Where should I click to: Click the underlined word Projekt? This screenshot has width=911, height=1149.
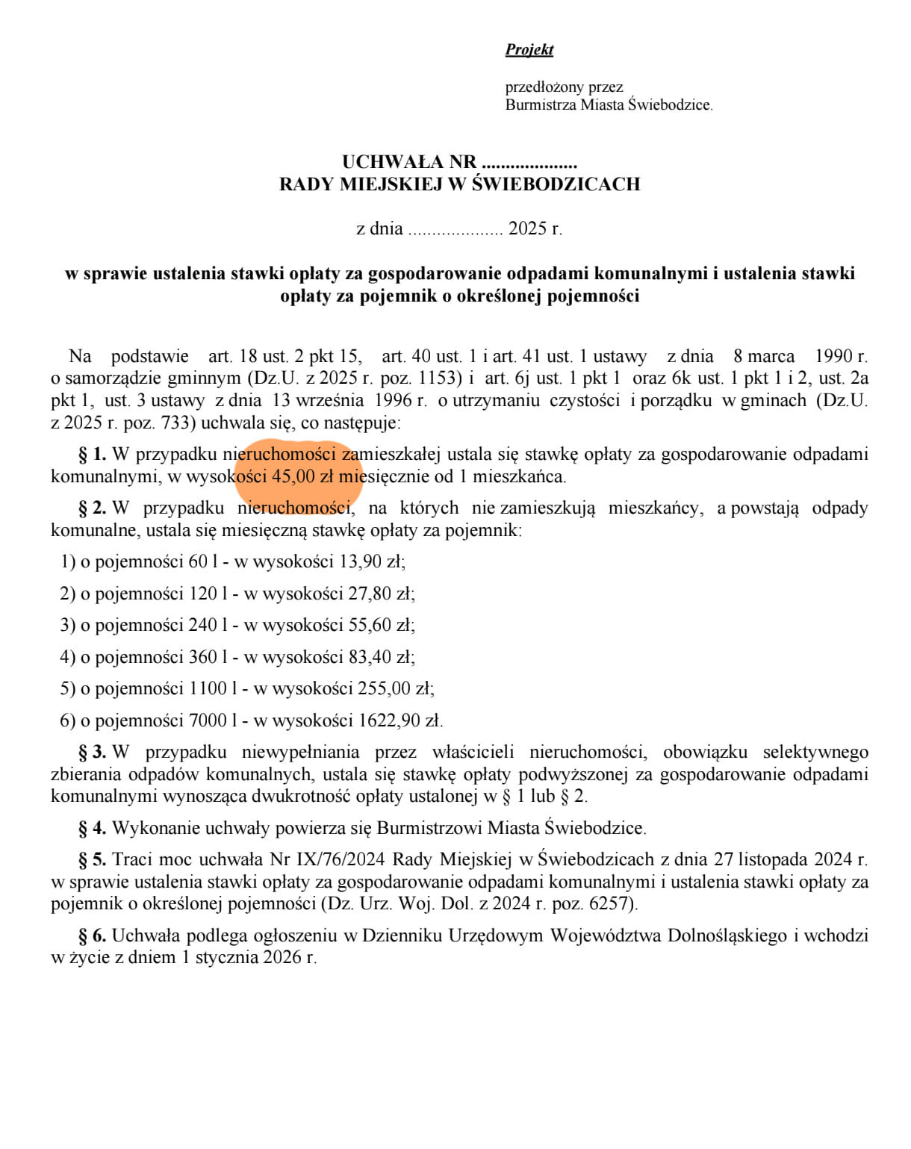(x=529, y=50)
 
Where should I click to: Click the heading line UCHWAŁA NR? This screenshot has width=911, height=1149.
(x=459, y=162)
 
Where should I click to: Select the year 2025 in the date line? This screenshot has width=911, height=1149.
(x=527, y=229)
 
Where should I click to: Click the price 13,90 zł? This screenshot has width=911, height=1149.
(x=371, y=561)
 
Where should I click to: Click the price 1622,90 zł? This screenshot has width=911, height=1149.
(x=399, y=720)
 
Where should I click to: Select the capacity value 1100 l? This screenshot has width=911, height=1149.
(x=213, y=688)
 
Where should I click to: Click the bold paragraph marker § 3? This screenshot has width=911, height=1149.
(x=93, y=752)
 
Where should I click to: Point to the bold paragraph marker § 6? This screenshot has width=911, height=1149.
(x=93, y=935)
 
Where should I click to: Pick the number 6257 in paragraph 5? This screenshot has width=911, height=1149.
(x=610, y=904)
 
